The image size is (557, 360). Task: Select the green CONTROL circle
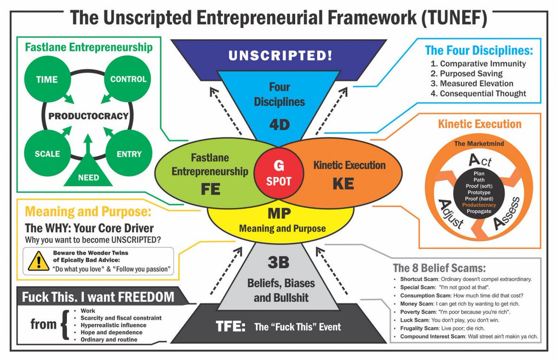click(128, 79)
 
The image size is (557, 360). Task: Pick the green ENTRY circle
click(128, 154)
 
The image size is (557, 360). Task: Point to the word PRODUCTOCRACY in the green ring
click(88, 116)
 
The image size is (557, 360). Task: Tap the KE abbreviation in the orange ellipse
click(343, 183)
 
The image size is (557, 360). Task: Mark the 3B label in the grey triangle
click(278, 263)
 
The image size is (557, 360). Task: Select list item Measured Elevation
click(477, 84)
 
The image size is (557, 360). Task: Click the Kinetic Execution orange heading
click(479, 124)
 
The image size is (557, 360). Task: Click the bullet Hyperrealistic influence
click(113, 325)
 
